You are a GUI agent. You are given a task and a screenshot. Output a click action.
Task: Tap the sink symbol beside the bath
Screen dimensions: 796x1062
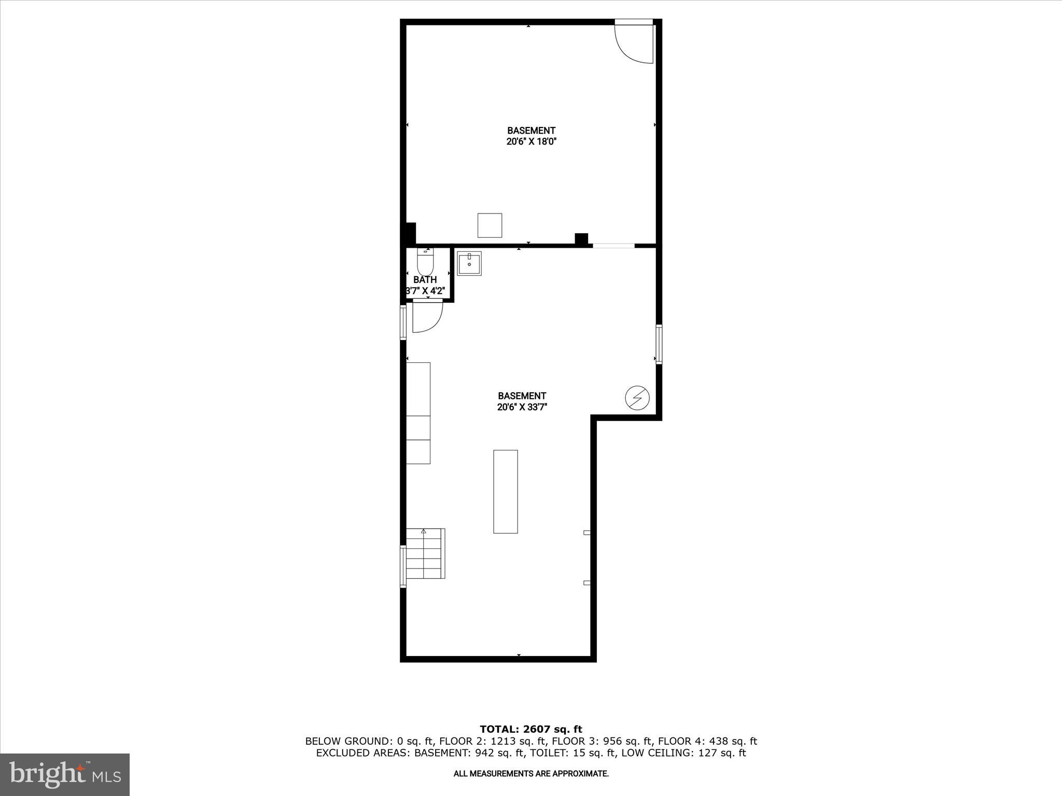469,263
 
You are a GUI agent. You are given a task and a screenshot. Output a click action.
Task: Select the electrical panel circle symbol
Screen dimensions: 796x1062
637,397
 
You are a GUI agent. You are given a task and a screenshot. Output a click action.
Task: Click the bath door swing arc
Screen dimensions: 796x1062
427,317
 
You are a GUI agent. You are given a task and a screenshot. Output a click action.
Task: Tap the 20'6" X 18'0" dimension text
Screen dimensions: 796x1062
531,141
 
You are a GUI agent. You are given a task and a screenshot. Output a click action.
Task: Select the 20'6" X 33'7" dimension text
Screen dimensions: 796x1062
522,407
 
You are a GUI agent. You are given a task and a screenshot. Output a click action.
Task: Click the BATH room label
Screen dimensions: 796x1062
425,280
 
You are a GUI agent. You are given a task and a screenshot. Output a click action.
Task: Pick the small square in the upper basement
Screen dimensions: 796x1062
490,225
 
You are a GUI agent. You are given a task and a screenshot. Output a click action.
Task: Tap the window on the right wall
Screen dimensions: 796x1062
659,344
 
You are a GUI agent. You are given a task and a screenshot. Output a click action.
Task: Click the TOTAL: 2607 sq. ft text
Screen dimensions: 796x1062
531,729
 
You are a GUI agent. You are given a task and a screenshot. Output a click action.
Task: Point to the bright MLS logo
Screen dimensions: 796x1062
65,774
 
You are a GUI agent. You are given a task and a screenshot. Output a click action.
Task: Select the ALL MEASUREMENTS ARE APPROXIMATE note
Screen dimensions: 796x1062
531,774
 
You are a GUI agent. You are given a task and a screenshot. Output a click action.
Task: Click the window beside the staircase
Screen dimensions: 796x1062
403,566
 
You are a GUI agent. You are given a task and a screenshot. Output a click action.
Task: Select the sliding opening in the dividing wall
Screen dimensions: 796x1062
613,246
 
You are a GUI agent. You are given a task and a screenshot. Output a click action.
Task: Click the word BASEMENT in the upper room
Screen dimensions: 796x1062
531,131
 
